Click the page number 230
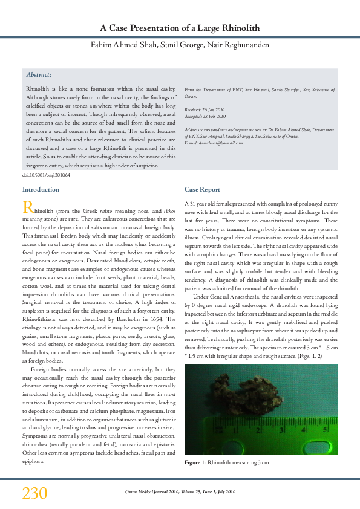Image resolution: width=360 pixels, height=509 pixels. coord(34,493)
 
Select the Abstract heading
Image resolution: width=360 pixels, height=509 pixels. coord(39,75)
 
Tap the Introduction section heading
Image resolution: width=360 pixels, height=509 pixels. coord(41,190)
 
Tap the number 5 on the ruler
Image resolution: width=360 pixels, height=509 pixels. coord(326,430)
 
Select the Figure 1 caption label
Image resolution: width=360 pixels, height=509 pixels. coord(195,464)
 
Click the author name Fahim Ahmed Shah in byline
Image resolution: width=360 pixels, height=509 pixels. coord(122,45)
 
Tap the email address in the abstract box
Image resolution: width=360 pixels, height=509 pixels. coord(205,143)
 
